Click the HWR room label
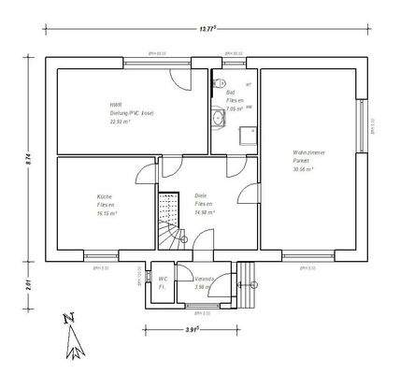(x=116, y=105)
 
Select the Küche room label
(x=104, y=196)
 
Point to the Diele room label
(x=201, y=195)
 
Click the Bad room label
(x=231, y=93)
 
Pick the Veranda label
(x=204, y=279)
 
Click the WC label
(x=162, y=279)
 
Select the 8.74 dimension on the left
(x=29, y=160)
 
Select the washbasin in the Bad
(x=219, y=118)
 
